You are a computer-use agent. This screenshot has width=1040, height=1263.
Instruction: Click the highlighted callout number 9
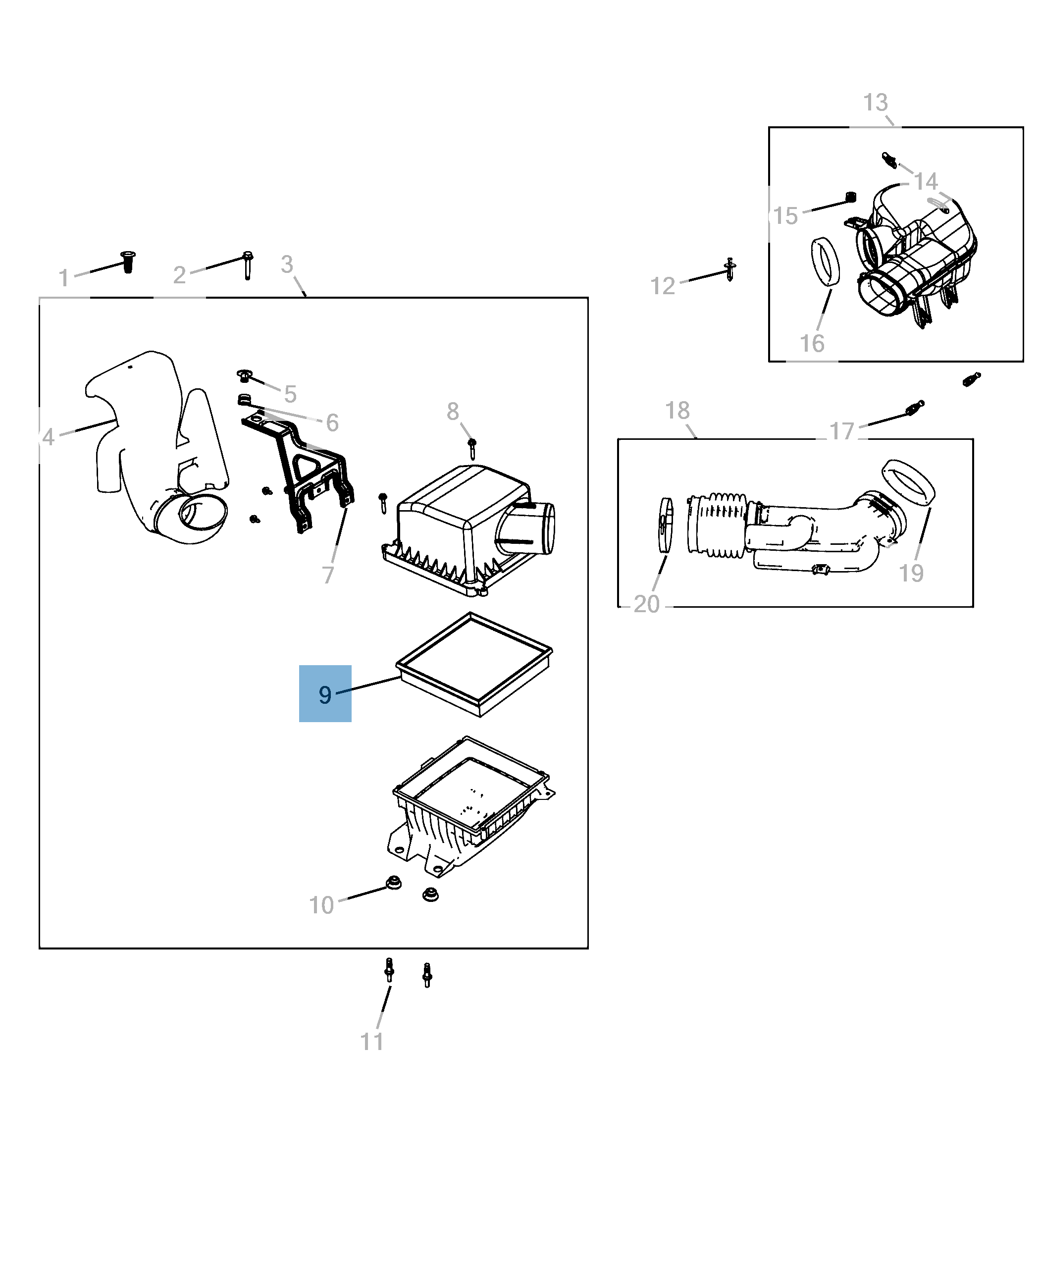tap(325, 694)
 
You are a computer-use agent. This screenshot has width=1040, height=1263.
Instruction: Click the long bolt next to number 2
tap(248, 265)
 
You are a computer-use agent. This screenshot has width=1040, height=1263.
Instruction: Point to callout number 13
tap(875, 103)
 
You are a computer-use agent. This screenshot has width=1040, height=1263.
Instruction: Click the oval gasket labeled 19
tap(908, 482)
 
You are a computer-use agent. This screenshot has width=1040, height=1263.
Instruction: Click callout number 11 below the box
tap(371, 1041)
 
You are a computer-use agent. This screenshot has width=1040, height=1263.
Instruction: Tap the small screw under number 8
tap(472, 448)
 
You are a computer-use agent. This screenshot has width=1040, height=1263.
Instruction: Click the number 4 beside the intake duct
tap(49, 437)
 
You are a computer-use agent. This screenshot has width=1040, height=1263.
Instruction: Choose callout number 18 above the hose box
tap(677, 411)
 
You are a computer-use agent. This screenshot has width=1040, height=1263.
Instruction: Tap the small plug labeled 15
tap(850, 197)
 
